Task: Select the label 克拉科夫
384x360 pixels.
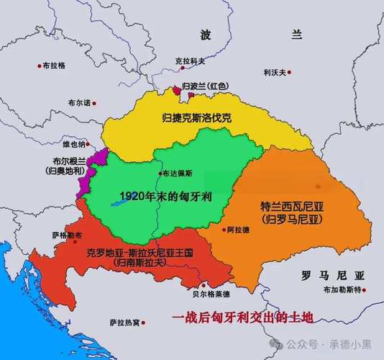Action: [190, 61]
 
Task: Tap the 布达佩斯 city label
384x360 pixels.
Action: [178, 174]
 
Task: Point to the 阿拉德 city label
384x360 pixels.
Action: [238, 230]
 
